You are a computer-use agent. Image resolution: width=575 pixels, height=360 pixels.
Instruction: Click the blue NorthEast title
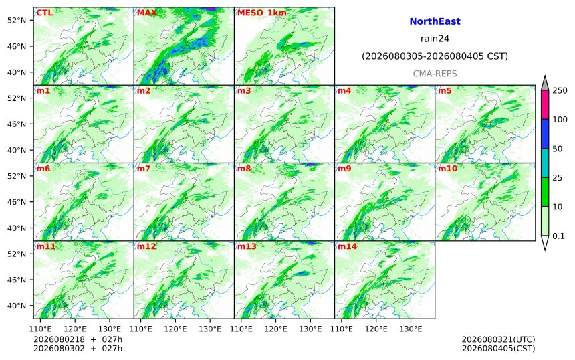click(x=435, y=21)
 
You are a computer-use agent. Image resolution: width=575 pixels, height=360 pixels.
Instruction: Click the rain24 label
click(x=435, y=39)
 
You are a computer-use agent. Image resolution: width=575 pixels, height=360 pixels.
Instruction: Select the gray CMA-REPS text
click(x=435, y=74)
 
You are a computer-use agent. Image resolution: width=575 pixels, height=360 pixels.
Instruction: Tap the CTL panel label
click(x=44, y=13)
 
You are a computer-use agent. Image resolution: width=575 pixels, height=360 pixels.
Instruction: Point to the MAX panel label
click(x=146, y=13)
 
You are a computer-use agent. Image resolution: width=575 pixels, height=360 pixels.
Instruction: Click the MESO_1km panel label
click(x=262, y=13)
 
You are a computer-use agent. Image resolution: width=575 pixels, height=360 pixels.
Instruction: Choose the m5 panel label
click(x=445, y=90)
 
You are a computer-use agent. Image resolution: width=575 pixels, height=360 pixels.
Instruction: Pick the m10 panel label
click(x=448, y=169)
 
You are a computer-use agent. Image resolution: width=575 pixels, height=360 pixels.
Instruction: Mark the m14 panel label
click(x=347, y=246)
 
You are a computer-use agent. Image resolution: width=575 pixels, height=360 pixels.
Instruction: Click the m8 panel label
click(x=244, y=169)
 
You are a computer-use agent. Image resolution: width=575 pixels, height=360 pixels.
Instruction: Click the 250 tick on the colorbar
click(x=560, y=90)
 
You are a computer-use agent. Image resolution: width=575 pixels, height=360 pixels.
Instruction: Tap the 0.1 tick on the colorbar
click(x=558, y=236)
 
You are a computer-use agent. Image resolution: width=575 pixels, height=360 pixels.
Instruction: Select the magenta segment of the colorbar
click(x=545, y=104)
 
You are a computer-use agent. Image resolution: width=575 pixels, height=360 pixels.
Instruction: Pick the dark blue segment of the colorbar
click(x=545, y=134)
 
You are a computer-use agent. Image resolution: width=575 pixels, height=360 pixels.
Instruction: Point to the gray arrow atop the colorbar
click(x=545, y=83)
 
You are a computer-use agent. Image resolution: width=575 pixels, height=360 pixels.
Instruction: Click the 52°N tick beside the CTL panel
click(x=17, y=20)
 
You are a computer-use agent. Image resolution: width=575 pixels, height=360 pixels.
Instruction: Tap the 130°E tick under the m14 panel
click(x=411, y=329)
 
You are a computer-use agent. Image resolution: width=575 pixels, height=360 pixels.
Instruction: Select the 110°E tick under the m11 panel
click(x=40, y=329)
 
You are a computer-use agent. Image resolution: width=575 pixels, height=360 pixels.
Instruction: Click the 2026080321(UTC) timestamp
click(x=498, y=339)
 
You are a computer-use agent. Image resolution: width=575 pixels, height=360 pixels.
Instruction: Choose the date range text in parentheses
click(x=435, y=56)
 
